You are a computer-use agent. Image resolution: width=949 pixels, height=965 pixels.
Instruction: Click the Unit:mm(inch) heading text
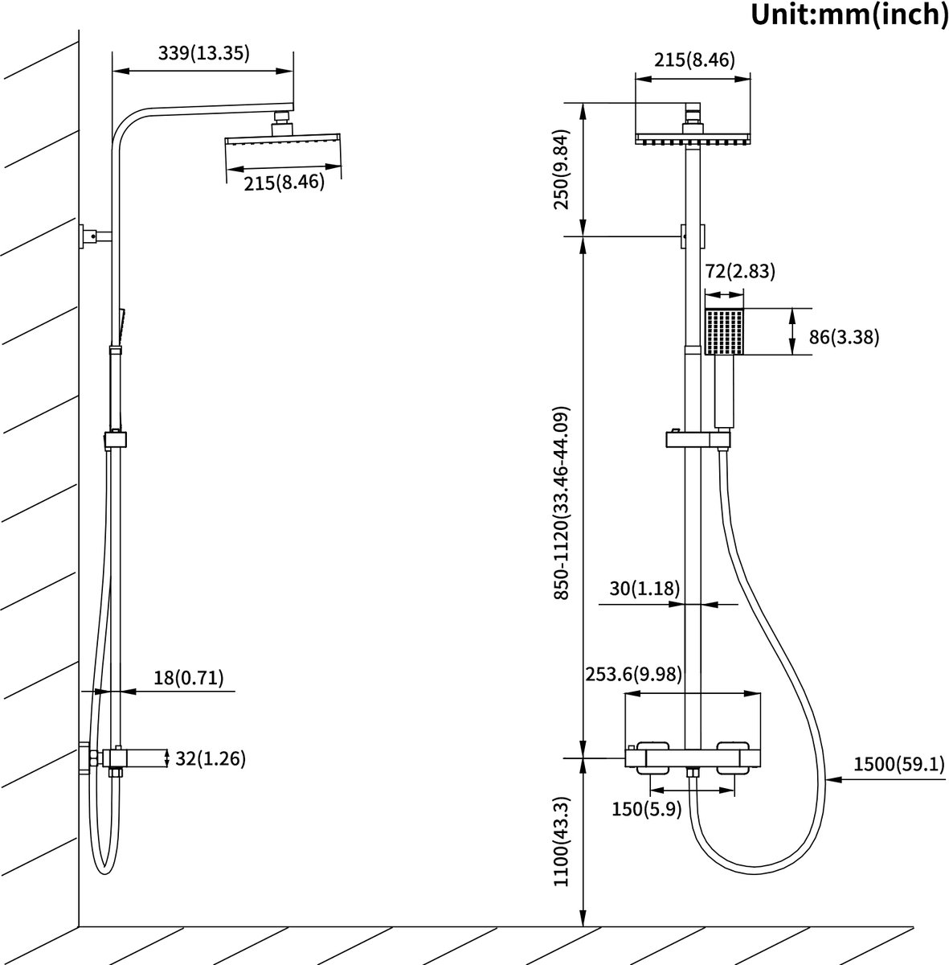(x=849, y=14)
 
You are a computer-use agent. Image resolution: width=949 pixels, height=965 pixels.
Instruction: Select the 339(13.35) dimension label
(x=204, y=53)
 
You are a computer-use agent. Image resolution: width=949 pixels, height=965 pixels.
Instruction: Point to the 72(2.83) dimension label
(x=739, y=272)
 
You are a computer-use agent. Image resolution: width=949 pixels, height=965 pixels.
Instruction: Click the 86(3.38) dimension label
(x=844, y=337)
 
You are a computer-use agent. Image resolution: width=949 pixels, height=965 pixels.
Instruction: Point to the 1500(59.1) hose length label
(x=898, y=764)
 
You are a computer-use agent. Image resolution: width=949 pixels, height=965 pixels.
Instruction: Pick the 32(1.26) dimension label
(x=210, y=758)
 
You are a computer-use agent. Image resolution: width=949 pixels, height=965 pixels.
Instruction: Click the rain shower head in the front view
(x=693, y=138)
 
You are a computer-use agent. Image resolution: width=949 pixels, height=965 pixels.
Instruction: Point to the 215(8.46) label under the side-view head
(x=284, y=183)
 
